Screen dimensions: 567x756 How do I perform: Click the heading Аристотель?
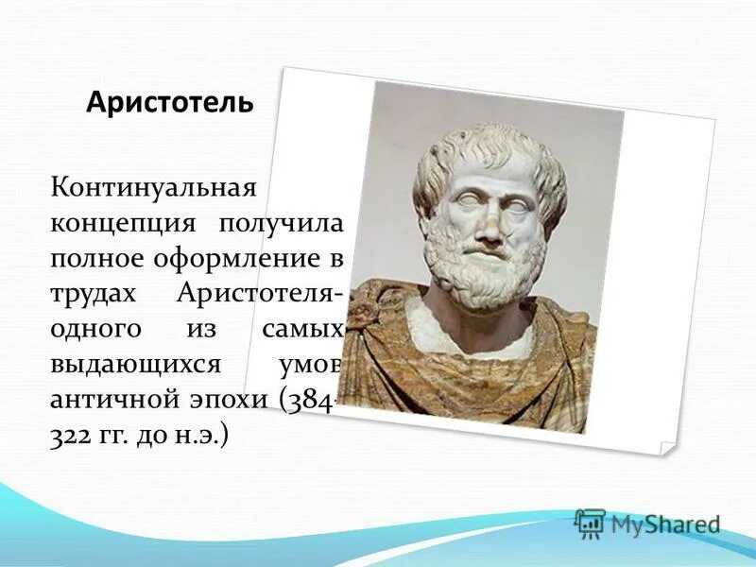point(169,102)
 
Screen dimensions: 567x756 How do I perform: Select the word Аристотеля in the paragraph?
point(256,294)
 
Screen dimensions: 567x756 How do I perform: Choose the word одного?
point(96,330)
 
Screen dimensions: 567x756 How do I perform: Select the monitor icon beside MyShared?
point(590,524)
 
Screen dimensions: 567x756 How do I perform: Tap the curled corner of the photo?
point(665,444)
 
